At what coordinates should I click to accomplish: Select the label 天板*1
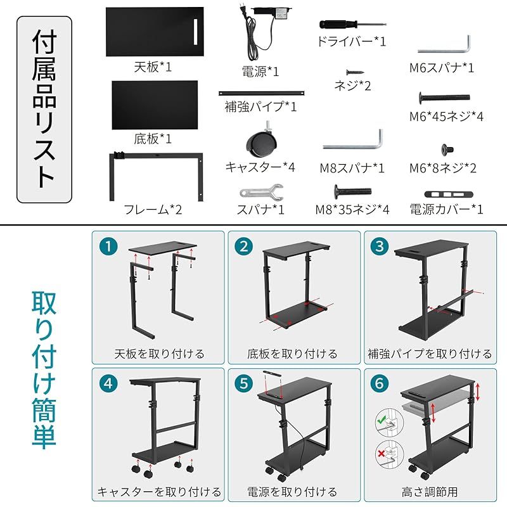(153, 65)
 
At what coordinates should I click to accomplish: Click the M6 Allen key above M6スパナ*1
(444, 46)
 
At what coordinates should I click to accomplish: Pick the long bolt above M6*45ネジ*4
(444, 98)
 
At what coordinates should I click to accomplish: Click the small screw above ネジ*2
(353, 73)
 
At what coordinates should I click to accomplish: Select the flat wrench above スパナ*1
(260, 191)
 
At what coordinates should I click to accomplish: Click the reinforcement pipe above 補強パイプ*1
(262, 93)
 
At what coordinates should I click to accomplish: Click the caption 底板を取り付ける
(292, 353)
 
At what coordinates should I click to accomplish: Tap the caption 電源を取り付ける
(292, 491)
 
